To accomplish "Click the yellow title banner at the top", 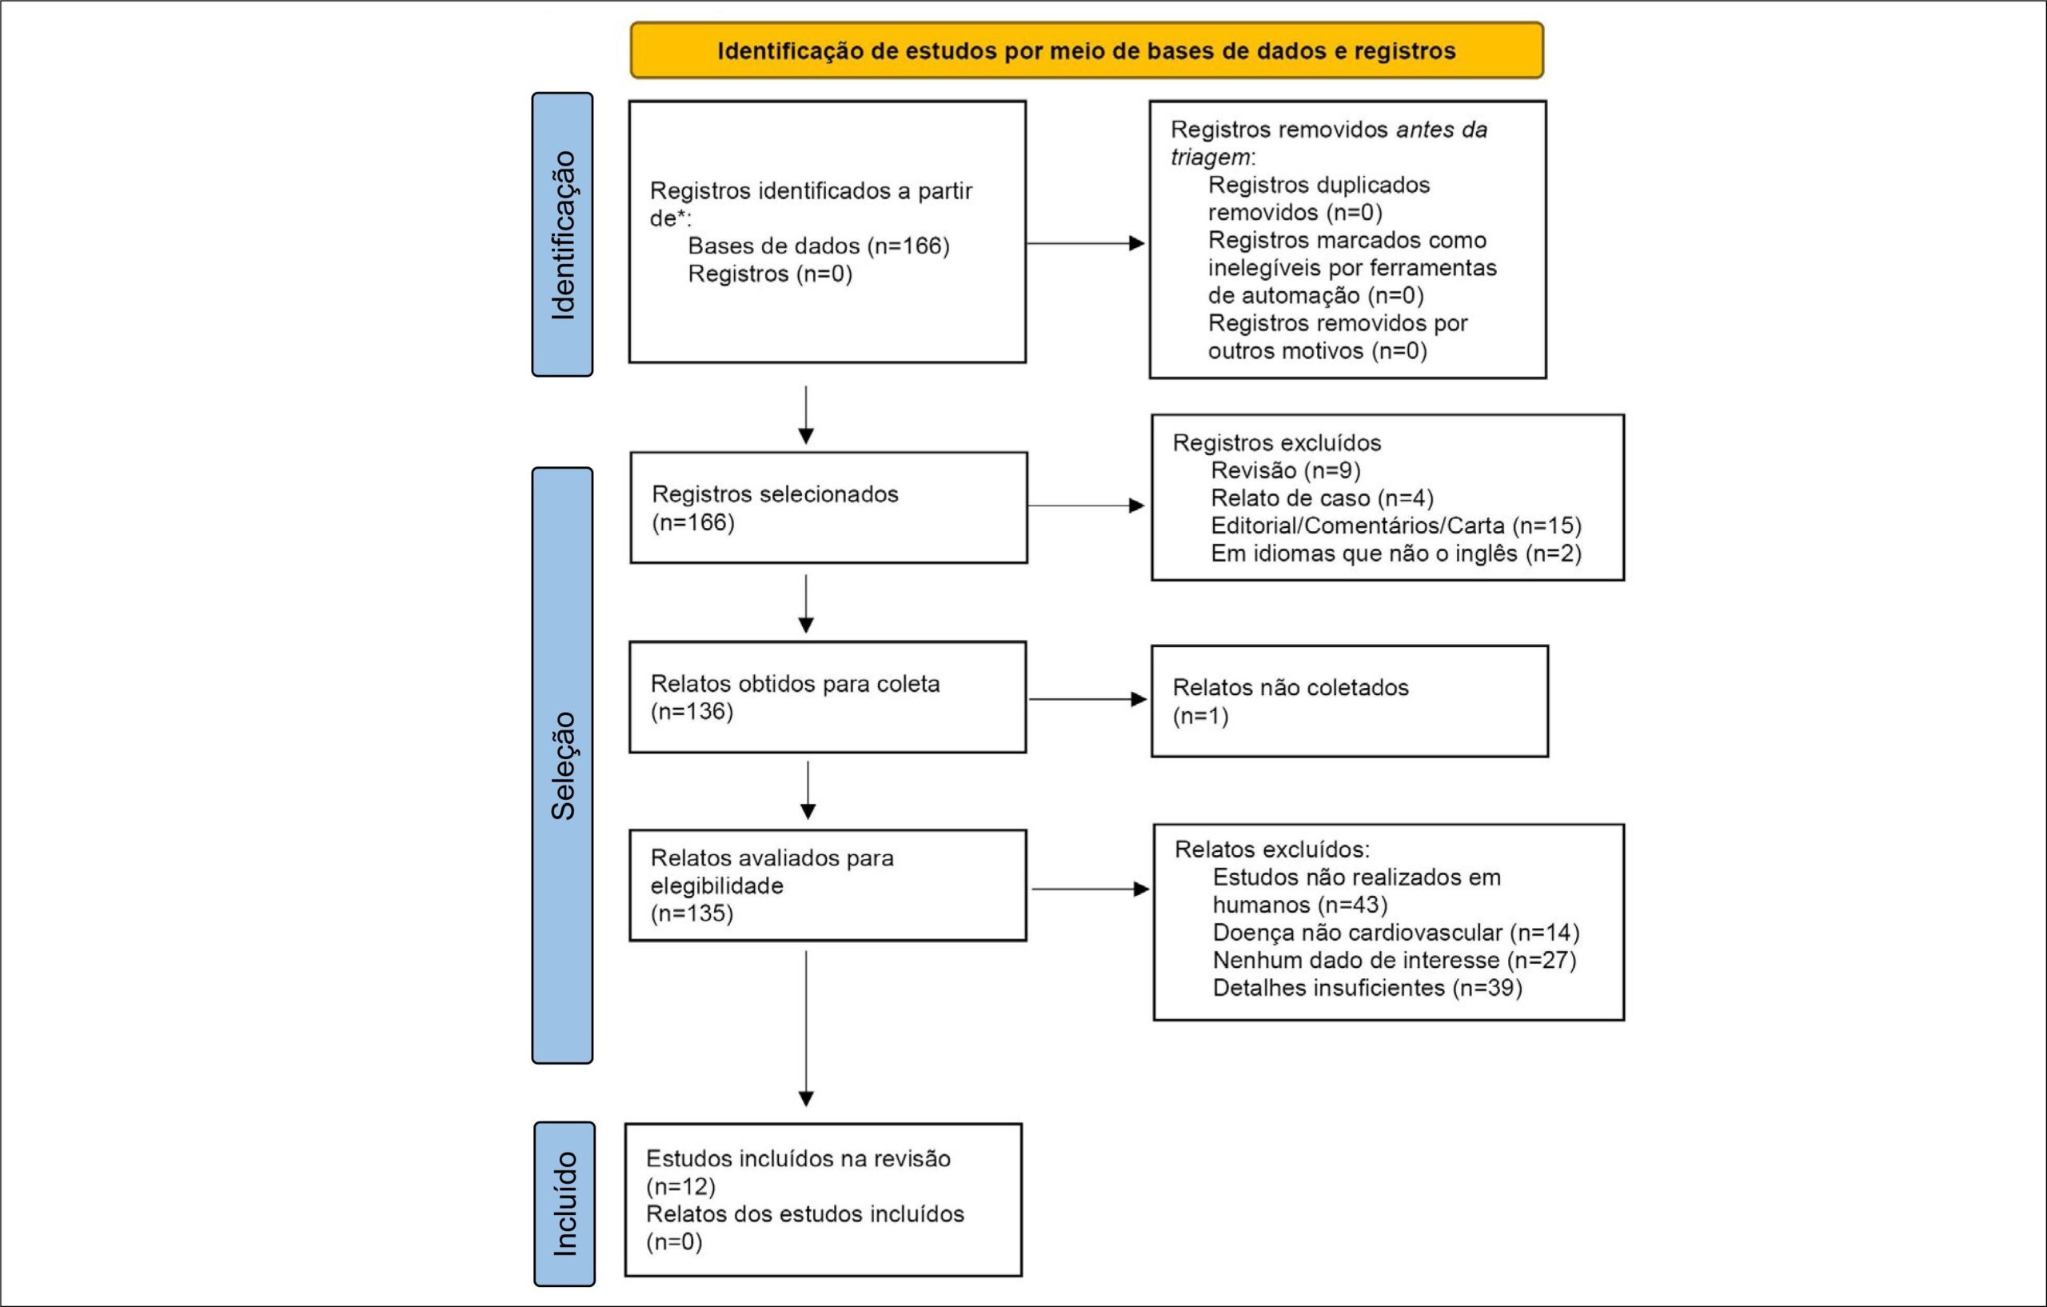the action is click(x=1087, y=50).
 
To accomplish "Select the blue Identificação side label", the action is click(x=562, y=234).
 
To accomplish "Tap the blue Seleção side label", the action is click(x=562, y=765).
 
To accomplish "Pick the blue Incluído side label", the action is click(x=565, y=1204).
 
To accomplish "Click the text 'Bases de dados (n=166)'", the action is click(x=819, y=246).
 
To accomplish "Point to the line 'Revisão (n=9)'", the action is click(x=1285, y=470).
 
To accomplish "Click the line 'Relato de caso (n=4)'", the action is click(x=1322, y=498).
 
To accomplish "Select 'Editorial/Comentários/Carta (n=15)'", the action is click(x=1396, y=526).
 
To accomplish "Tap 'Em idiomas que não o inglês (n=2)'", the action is click(x=1396, y=554).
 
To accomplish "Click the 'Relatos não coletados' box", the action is click(x=1350, y=701).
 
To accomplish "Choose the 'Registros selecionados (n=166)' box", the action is click(x=829, y=508).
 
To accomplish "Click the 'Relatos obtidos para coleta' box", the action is click(x=828, y=697).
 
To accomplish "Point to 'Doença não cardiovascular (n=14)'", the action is click(x=1396, y=933).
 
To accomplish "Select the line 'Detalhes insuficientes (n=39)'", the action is click(x=1367, y=988).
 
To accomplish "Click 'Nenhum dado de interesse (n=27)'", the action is click(x=1395, y=960).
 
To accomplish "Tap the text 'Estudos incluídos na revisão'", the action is click(x=798, y=1158).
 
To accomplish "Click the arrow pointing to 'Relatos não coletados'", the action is click(x=1087, y=699).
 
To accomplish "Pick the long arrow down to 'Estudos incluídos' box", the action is click(x=806, y=1029).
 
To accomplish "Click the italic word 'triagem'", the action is click(x=1211, y=158).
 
